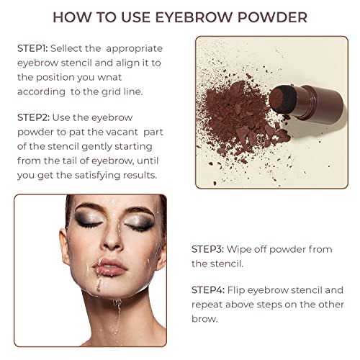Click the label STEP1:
click(x=33, y=49)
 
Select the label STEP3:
click(x=207, y=248)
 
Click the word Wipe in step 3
click(x=240, y=248)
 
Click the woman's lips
click(x=109, y=266)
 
